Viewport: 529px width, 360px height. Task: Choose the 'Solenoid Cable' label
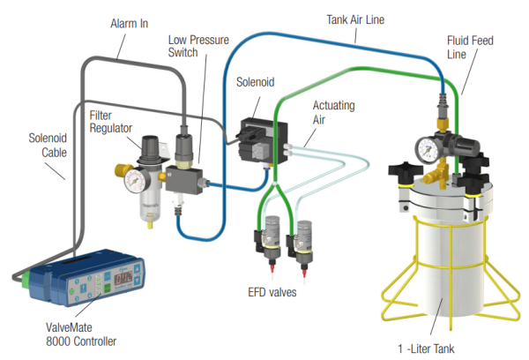[41, 144]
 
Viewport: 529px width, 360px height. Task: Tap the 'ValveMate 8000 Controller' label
[81, 334]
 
